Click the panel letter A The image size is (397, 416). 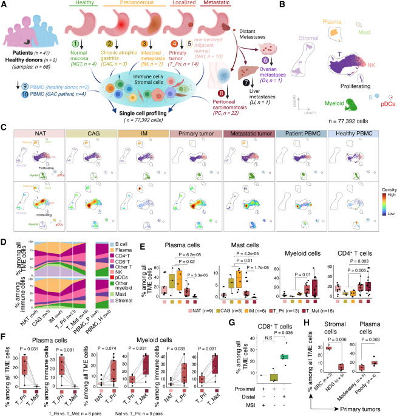coord(4,5)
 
